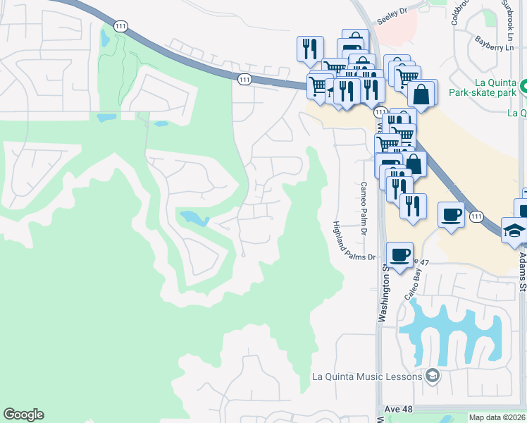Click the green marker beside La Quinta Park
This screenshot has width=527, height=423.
pos(523,88)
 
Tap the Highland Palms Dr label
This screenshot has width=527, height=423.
pos(354,243)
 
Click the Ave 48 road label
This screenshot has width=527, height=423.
pos(399,410)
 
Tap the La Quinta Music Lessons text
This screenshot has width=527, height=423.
pos(366,376)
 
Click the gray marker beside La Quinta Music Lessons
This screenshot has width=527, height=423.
pos(432,376)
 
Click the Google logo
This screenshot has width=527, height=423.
pos(23,415)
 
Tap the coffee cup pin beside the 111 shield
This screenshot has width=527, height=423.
pos(451,214)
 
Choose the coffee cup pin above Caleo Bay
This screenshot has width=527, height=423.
pos(399,255)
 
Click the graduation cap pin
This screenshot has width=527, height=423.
pos(514,230)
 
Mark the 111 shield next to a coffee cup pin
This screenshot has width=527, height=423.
pos(477,216)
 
